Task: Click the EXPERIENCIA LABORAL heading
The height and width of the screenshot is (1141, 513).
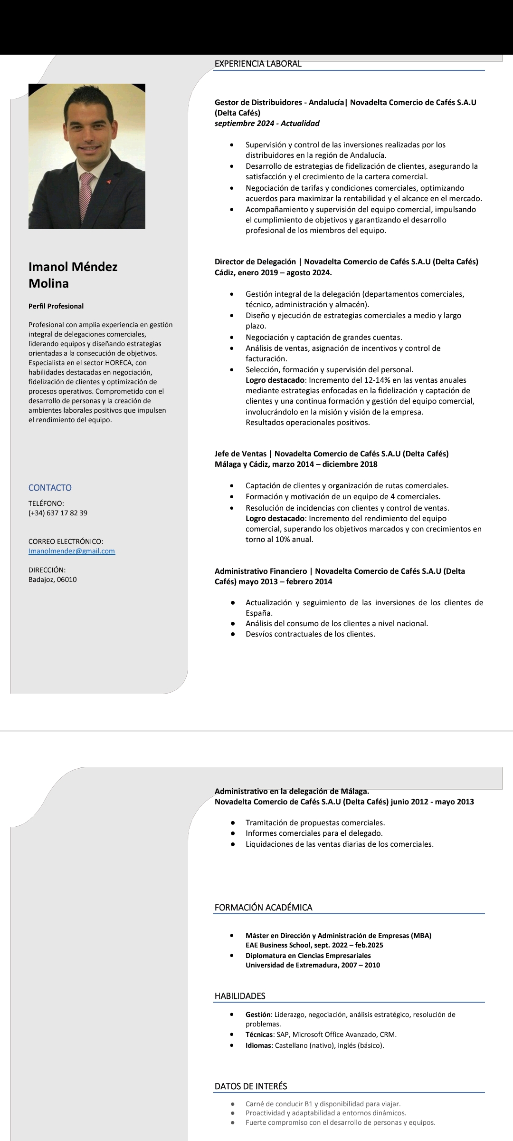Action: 258,64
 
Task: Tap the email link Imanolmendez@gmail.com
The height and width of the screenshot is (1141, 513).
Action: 72,551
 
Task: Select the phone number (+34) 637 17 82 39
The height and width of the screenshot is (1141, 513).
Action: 58,513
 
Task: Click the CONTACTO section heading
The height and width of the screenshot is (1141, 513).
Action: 50,488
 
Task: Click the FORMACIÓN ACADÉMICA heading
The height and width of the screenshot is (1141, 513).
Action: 263,908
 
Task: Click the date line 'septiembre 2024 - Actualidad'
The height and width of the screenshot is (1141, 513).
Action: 267,124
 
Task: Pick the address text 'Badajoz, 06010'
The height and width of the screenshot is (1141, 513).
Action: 53,580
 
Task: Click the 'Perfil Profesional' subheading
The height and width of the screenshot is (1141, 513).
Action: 56,306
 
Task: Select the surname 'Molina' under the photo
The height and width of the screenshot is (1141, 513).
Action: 48,283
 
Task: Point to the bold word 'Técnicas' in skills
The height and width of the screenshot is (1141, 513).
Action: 259,1035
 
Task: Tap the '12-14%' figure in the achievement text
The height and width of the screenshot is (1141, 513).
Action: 378,380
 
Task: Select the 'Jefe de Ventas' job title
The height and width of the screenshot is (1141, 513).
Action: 240,454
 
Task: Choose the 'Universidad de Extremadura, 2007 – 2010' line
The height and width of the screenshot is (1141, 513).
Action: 313,965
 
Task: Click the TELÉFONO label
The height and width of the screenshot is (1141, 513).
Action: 46,503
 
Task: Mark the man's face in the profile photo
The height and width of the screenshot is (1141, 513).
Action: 88,128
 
